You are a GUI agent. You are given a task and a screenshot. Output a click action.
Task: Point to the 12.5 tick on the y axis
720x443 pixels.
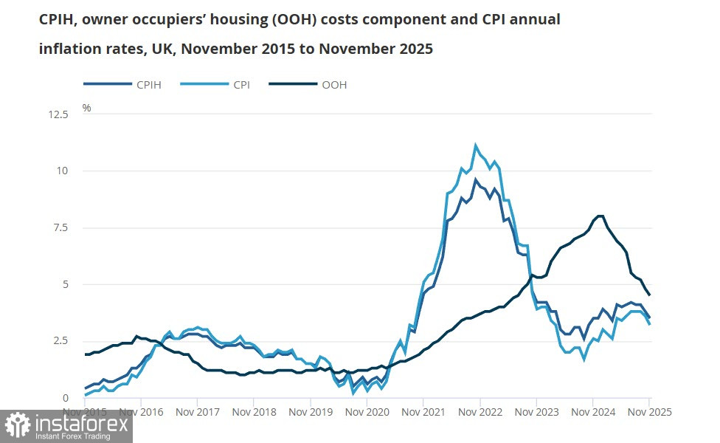58,114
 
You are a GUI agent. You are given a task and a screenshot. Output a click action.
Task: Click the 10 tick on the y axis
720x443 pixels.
63,171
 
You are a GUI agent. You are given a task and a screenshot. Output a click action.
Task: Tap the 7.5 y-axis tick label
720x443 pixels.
60,227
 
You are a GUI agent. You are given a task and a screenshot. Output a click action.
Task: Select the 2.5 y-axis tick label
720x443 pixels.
60,341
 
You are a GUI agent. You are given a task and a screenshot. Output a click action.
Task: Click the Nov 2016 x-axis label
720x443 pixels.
141,411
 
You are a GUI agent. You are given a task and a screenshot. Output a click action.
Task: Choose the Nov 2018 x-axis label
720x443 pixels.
253,411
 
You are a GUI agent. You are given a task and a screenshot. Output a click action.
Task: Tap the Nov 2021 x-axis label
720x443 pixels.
423,411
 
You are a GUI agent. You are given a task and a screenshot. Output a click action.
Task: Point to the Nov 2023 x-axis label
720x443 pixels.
536,411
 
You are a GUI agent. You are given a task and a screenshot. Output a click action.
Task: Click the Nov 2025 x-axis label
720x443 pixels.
649,411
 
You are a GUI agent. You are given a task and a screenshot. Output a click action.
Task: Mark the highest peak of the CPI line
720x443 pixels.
475,145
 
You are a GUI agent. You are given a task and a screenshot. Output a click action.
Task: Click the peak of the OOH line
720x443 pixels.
600,216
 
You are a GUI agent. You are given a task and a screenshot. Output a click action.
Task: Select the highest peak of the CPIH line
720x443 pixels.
476,179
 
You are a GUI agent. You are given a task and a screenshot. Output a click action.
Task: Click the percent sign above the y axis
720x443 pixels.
86,108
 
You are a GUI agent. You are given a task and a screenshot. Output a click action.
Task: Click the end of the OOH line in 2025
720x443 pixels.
649,295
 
